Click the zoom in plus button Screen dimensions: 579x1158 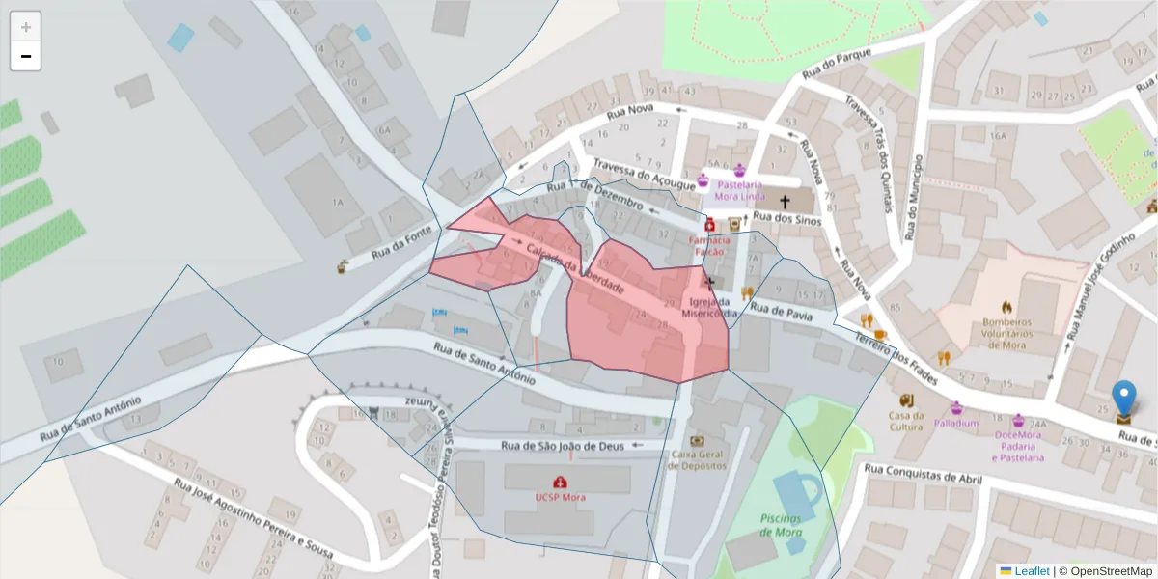click(x=25, y=27)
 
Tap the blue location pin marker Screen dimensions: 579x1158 click(x=1123, y=399)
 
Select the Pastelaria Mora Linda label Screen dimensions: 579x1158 click(x=740, y=188)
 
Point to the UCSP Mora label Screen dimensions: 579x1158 click(x=560, y=497)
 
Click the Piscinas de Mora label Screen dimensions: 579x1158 click(x=781, y=526)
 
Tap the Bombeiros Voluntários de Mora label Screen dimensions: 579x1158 click(x=1007, y=333)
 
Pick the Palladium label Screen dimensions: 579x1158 click(x=955, y=423)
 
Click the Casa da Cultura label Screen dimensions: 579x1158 click(x=907, y=421)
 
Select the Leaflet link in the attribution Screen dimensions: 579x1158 click(x=1030, y=570)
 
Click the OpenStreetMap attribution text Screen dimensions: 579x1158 click(x=1105, y=570)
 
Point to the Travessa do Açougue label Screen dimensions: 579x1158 click(x=644, y=174)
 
